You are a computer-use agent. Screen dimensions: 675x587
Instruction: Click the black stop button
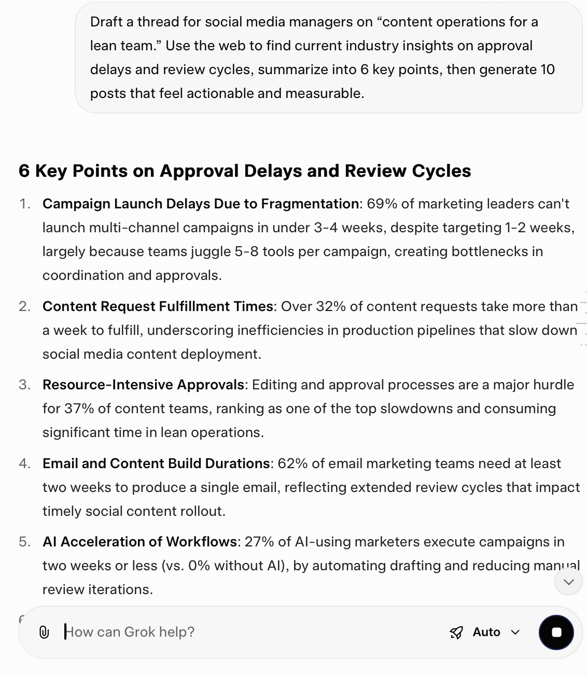pos(556,632)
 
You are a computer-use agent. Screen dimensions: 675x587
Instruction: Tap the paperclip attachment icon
pos(44,632)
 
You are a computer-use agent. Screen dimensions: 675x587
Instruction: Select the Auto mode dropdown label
pos(486,632)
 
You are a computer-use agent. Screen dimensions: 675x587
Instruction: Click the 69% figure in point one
pos(382,204)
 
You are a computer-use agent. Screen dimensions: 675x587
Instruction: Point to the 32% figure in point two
pos(330,306)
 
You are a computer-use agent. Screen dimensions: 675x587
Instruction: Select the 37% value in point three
pos(79,409)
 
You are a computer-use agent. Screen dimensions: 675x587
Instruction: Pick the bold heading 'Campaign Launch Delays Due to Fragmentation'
pos(201,204)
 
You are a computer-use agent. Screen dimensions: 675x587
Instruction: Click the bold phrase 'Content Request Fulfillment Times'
pos(158,306)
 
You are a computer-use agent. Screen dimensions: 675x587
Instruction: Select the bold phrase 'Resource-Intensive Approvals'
pos(143,385)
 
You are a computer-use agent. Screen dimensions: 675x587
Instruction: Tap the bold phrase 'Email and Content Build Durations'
pos(156,463)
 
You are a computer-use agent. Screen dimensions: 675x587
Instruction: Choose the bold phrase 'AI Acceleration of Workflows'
pos(140,542)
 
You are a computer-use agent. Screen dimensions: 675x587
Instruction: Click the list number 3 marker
pos(24,385)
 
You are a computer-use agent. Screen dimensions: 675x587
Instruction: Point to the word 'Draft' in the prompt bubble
pos(106,22)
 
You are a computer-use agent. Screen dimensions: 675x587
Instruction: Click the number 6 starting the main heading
pos(24,171)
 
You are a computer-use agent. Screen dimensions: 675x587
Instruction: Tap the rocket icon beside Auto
pos(456,632)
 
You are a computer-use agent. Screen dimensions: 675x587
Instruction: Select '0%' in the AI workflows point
pos(199,566)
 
